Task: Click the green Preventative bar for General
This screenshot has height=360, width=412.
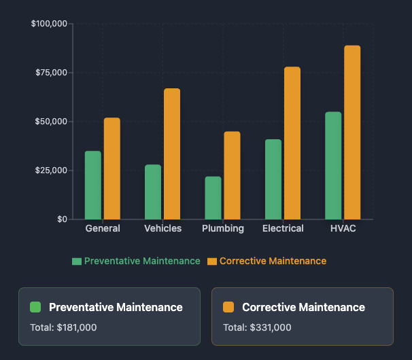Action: [x=93, y=185]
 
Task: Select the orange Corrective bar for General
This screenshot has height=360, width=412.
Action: [x=112, y=168]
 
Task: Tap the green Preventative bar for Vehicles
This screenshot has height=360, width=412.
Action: [x=153, y=192]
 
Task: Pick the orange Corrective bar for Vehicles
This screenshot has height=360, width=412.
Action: [x=172, y=154]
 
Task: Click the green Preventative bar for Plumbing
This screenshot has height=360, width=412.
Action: [x=213, y=198]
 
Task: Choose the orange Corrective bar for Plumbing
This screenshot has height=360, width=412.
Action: [x=232, y=175]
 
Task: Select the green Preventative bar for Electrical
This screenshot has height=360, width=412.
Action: [x=273, y=179]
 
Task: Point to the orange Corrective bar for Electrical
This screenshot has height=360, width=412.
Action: [x=292, y=143]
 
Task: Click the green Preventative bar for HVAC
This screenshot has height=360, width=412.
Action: [x=333, y=166]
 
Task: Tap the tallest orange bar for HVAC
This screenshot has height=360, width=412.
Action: [x=352, y=132]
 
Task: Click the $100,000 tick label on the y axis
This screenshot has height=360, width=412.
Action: [x=49, y=24]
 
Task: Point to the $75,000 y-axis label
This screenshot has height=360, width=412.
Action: [x=51, y=73]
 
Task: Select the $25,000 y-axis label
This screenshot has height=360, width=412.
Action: [x=51, y=170]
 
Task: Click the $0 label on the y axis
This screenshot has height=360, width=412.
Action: [x=61, y=219]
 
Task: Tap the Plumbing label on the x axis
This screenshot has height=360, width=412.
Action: [x=223, y=229]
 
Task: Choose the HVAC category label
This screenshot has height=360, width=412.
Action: [x=343, y=229]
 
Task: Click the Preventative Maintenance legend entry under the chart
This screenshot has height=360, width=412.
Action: [x=137, y=262]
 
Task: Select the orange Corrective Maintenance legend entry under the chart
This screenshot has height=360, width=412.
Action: [x=267, y=262]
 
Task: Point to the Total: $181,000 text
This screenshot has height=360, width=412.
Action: [x=63, y=327]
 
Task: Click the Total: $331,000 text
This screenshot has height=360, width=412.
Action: [x=257, y=327]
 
